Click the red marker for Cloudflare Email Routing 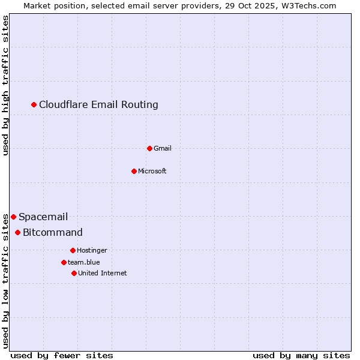pyautogui.click(x=34, y=105)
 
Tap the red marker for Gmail pyautogui.click(x=149, y=148)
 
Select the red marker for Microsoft pyautogui.click(x=134, y=171)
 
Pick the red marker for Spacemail pyautogui.click(x=13, y=217)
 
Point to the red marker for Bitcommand pyautogui.click(x=17, y=232)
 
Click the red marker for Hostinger pyautogui.click(x=73, y=250)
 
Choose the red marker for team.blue pyautogui.click(x=64, y=262)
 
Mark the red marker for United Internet pyautogui.click(x=74, y=273)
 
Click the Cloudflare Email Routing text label pyautogui.click(x=98, y=105)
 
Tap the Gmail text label pyautogui.click(x=163, y=148)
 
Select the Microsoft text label pyautogui.click(x=152, y=171)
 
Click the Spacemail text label pyautogui.click(x=43, y=217)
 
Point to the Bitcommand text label pyautogui.click(x=53, y=233)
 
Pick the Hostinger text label pyautogui.click(x=92, y=250)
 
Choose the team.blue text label pyautogui.click(x=84, y=262)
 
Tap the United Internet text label pyautogui.click(x=102, y=273)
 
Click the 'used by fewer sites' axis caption pyautogui.click(x=62, y=355)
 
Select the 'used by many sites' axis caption pyautogui.click(x=301, y=355)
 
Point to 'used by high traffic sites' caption pyautogui.click(x=6, y=85)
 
